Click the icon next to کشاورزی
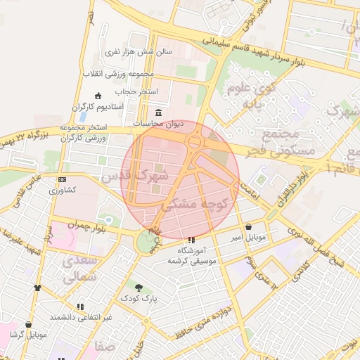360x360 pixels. click(62, 180)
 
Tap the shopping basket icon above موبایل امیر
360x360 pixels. click(250, 226)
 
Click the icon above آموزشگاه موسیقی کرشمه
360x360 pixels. click(192, 240)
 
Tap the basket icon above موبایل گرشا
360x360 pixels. click(29, 324)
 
